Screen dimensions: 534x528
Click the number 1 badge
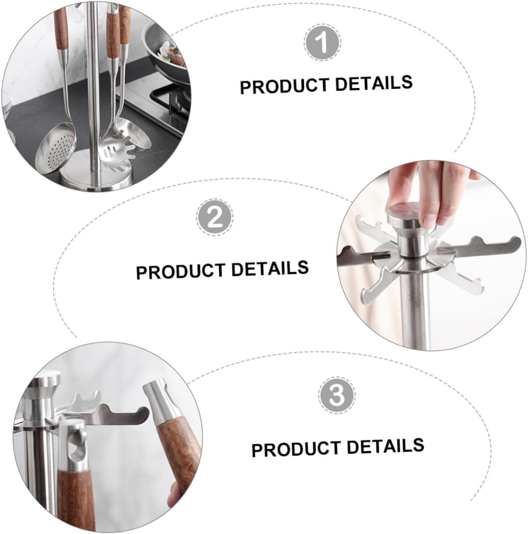point(322,44)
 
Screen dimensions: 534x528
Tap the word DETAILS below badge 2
point(270,269)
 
